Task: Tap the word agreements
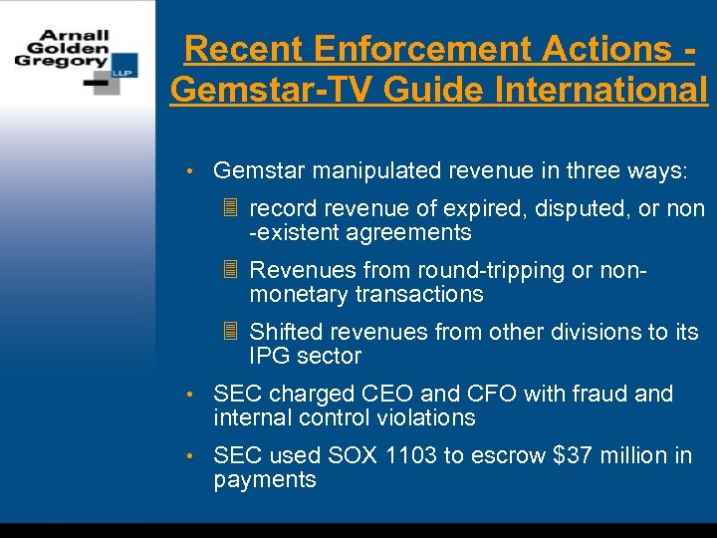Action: pos(409,233)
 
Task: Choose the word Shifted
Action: pos(286,332)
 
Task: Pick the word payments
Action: pos(265,479)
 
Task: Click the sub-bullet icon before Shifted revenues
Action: pos(230,332)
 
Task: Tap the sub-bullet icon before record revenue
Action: pos(230,209)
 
